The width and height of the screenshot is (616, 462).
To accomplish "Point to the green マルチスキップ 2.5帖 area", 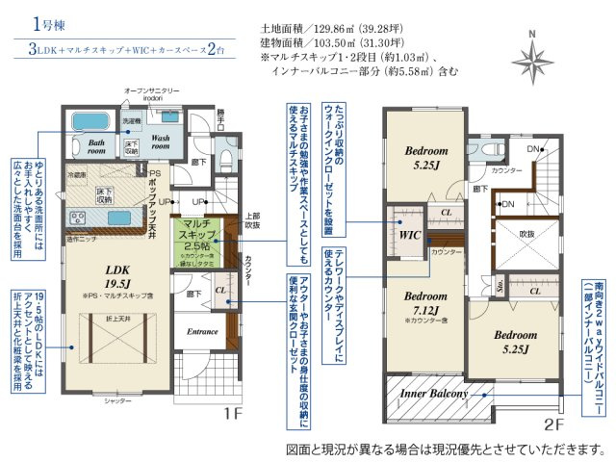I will (198, 238).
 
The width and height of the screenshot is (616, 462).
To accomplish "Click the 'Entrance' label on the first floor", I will (202, 330).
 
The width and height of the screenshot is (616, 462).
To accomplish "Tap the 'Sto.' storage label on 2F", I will (500, 286).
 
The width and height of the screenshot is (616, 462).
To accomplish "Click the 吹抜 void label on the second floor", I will (526, 234).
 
